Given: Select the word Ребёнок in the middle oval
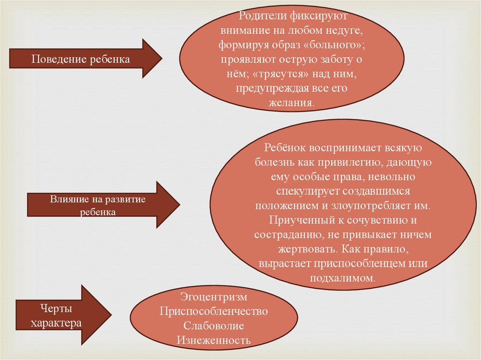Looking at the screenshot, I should [283, 147].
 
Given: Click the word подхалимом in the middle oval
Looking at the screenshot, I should [342, 277].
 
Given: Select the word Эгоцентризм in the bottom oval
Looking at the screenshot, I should [213, 297].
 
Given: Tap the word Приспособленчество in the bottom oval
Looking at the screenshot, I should [214, 311].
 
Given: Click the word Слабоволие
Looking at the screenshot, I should [214, 325].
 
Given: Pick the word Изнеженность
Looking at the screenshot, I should [214, 339].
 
